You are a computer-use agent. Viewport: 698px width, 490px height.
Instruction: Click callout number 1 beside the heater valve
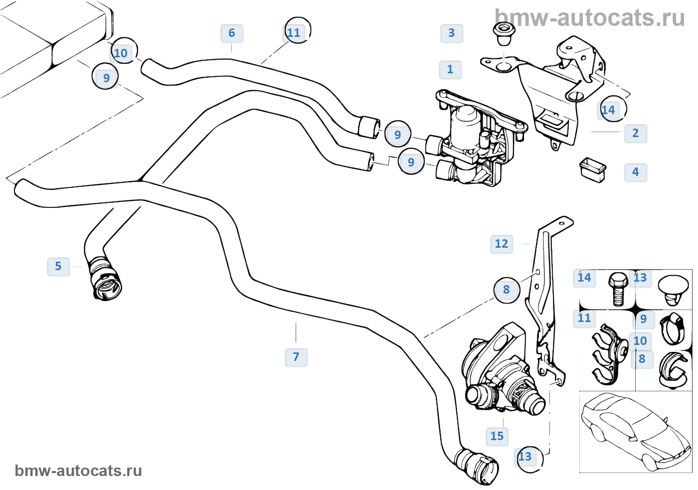coord(450,69)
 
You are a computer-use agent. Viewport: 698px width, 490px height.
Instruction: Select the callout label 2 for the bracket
coord(635,133)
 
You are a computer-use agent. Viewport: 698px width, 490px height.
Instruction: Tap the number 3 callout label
coord(452,33)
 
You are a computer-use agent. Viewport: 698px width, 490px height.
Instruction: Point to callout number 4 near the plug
coord(635,172)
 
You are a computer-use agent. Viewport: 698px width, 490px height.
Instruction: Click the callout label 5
coord(58,266)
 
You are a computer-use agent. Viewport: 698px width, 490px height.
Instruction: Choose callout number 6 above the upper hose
coord(232,33)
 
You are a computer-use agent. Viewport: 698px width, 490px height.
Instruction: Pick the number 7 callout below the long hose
coord(296,357)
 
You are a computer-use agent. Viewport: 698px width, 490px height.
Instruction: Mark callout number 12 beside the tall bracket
coord(502,244)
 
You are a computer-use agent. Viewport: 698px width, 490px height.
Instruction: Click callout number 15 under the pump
coord(497,436)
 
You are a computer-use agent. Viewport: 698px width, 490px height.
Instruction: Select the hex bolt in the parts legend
coord(618,288)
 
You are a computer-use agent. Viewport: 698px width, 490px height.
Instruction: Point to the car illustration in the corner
coord(636,432)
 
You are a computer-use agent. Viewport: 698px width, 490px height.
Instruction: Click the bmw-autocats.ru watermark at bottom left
coord(78,471)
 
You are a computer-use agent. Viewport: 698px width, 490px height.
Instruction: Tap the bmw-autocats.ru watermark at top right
coord(590,18)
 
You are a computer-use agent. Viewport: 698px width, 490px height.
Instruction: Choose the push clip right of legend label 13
coord(673,290)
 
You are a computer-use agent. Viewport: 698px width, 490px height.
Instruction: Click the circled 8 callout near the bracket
coord(507,290)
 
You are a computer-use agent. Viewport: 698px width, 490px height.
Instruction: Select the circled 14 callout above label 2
coord(609,110)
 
